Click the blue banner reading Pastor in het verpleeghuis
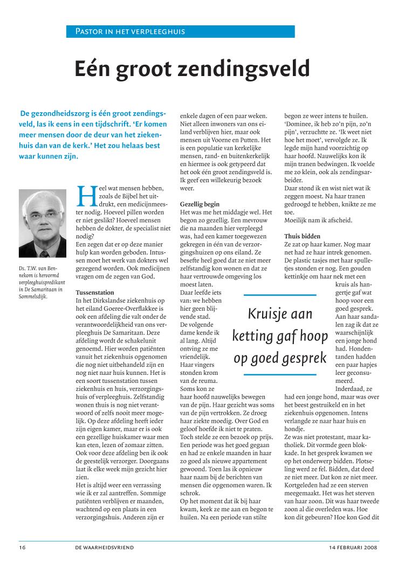tap(180, 31)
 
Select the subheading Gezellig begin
tap(200, 204)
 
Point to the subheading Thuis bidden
tap(302, 236)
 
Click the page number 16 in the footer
tap(22, 547)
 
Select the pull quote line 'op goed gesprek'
tap(280, 358)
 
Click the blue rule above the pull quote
tap(280, 296)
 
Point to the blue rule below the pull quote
tap(280, 374)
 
